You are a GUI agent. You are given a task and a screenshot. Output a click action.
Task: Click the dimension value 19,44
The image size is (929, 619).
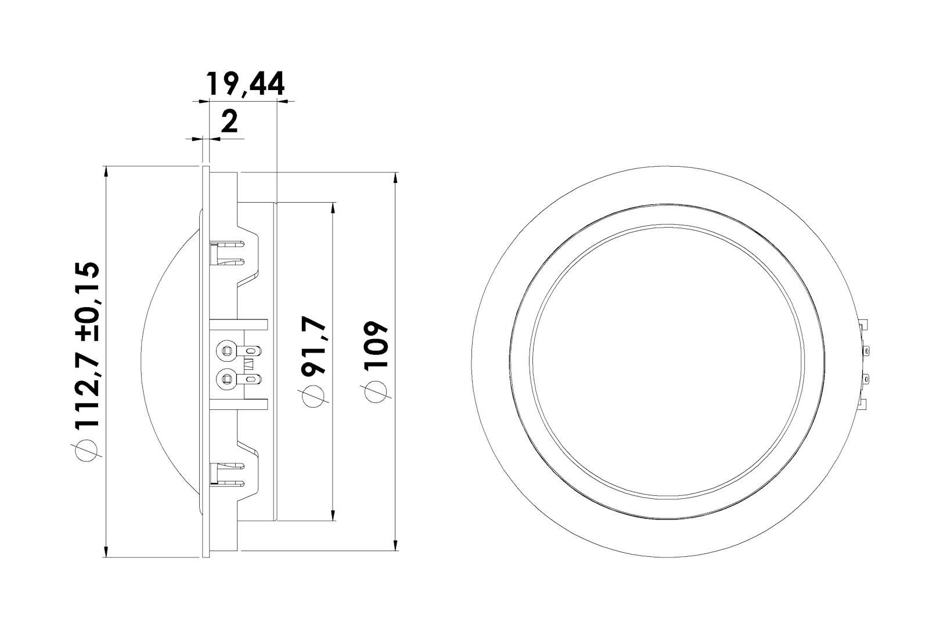coord(246,84)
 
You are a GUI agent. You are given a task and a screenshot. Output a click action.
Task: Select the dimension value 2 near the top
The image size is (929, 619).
coord(229,121)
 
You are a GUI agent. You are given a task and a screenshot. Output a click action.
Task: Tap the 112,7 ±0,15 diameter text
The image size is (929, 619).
coord(88,344)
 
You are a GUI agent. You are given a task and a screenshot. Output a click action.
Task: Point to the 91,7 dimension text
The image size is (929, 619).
coord(314,346)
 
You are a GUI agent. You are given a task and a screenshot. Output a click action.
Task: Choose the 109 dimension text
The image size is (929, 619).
coord(376,344)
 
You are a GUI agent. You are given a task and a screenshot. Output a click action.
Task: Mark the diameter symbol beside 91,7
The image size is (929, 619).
coord(314,396)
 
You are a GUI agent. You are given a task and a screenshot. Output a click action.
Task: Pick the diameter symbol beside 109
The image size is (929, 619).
coord(376,391)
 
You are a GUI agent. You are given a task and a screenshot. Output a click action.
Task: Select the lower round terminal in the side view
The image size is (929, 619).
coord(227,378)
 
